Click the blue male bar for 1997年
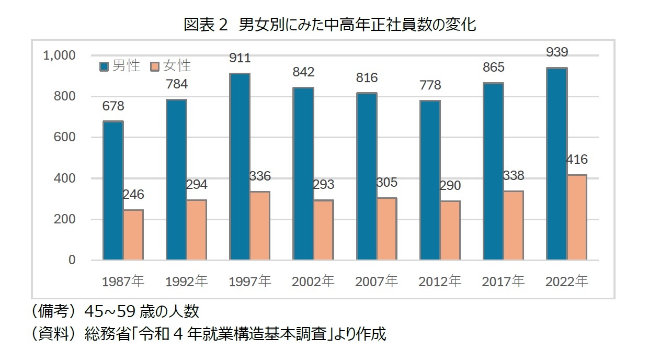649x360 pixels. [240, 166]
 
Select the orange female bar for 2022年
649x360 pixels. [577, 217]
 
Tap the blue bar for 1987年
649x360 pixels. [113, 190]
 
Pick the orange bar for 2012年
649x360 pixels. [450, 230]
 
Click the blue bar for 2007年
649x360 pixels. [367, 176]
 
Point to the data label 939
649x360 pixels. [557, 52]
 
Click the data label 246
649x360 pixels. [133, 195]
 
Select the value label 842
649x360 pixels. [303, 72]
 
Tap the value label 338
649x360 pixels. [514, 175]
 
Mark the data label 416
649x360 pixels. [577, 160]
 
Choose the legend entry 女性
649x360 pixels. [170, 66]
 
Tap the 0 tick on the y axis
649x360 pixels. [72, 260]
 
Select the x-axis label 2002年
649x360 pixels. [313, 282]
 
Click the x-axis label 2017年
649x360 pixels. [503, 282]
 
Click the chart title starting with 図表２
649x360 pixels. [329, 25]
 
